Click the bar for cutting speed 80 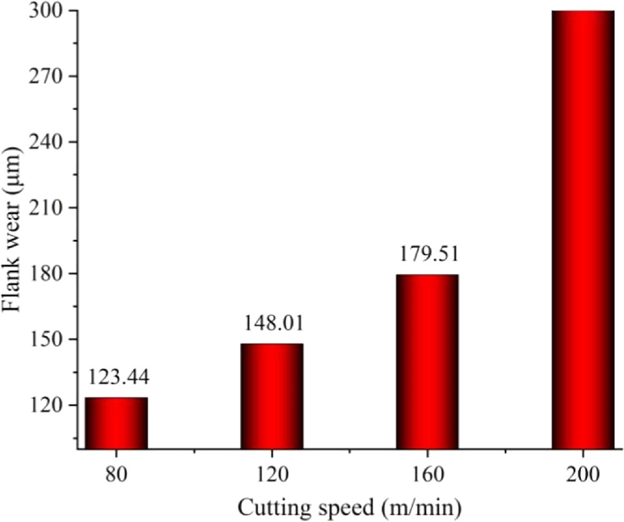116,423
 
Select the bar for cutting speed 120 272,396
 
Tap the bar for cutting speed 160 427,362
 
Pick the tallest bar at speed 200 583,229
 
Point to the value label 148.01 272,324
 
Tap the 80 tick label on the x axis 116,473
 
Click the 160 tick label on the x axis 427,473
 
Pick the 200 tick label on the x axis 583,473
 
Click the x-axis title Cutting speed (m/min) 349,505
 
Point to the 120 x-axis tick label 272,473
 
